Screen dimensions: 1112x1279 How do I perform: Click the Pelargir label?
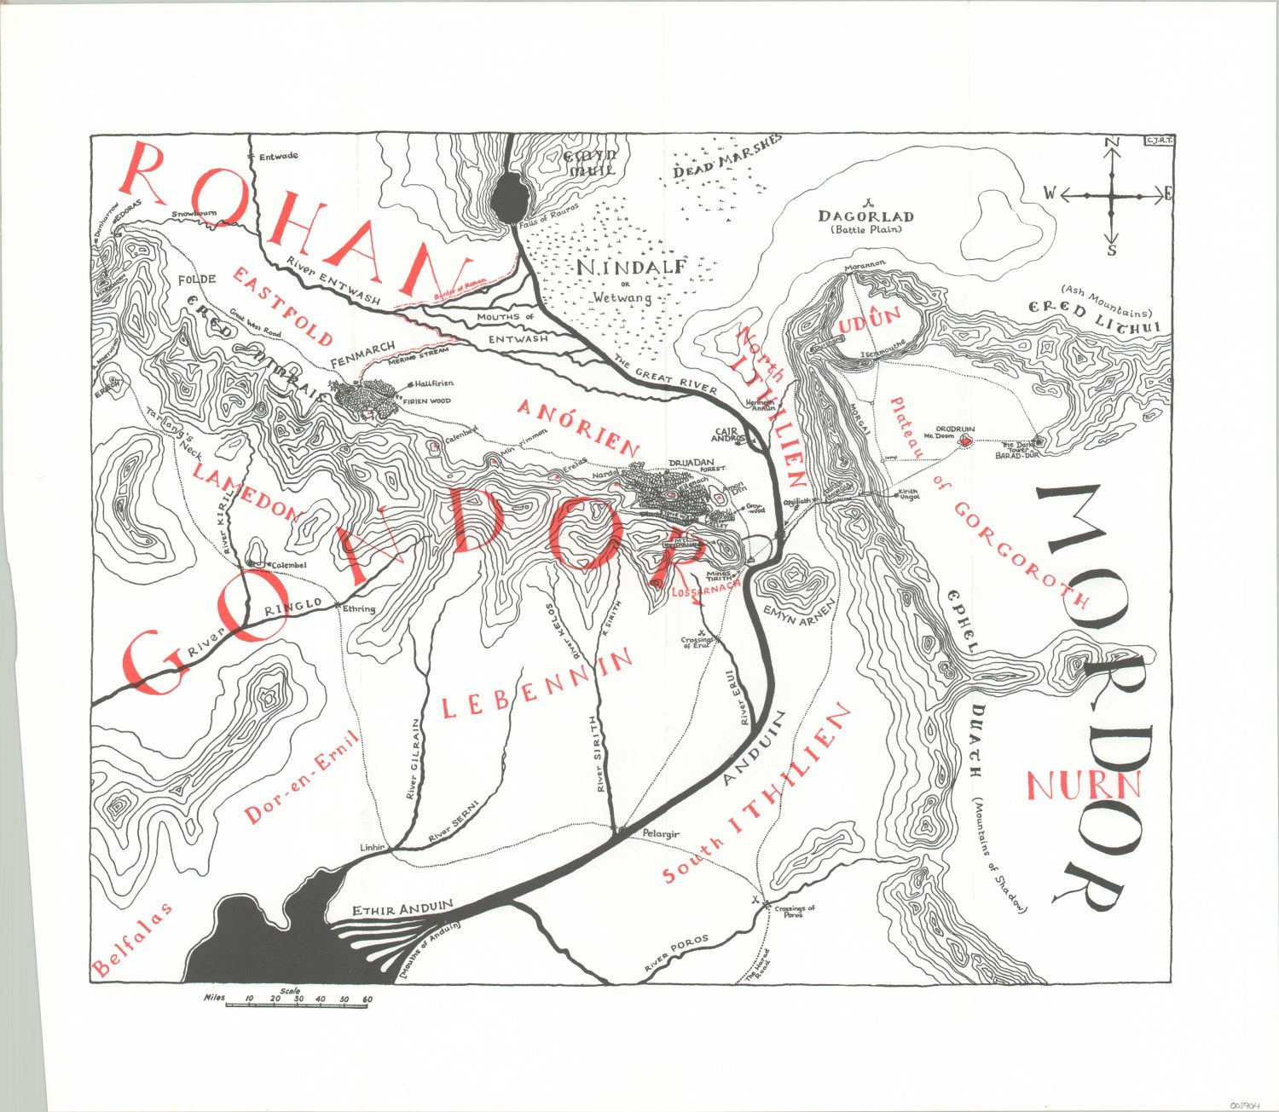tap(661, 834)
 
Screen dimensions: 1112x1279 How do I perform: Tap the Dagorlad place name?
tap(865, 217)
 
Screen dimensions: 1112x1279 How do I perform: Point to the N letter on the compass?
tap(1111, 142)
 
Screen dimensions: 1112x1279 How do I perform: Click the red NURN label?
tap(1083, 785)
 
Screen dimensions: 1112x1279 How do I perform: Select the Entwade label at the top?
tap(278, 157)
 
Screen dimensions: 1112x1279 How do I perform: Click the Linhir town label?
tap(373, 847)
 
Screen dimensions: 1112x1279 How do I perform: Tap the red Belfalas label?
tap(132, 938)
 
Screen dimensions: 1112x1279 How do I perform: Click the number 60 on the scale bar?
tap(367, 999)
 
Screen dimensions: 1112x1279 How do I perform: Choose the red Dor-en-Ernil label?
tap(303, 777)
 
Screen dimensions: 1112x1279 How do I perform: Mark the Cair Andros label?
tap(726, 435)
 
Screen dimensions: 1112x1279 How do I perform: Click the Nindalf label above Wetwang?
tap(630, 268)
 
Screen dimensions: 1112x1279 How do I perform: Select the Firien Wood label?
tap(426, 400)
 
